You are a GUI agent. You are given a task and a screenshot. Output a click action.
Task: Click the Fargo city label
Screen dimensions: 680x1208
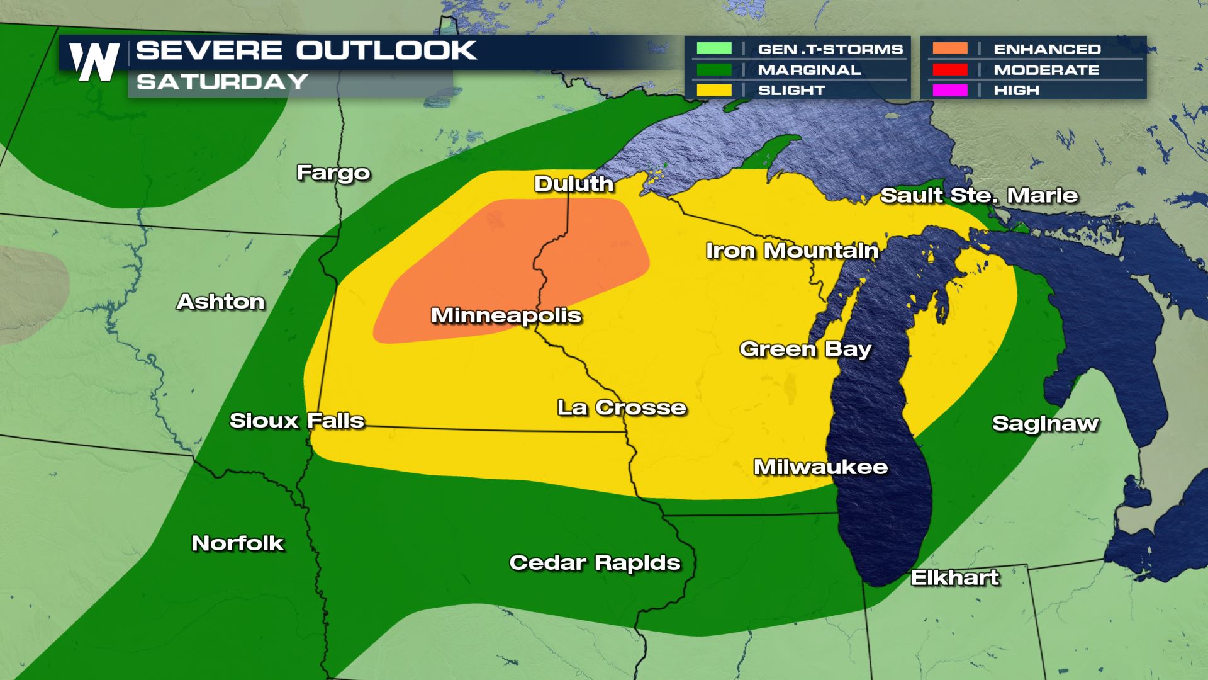pyautogui.click(x=333, y=173)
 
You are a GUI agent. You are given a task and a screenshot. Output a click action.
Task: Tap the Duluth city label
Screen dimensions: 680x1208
pyautogui.click(x=573, y=184)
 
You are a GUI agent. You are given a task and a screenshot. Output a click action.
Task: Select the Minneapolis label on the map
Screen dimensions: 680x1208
pyautogui.click(x=506, y=315)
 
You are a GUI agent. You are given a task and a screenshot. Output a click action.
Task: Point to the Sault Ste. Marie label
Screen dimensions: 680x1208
pyautogui.click(x=979, y=196)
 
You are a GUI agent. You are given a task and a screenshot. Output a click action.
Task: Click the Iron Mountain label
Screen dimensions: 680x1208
pyautogui.click(x=791, y=251)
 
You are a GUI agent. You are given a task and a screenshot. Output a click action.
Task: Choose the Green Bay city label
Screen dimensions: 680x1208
pyautogui.click(x=805, y=349)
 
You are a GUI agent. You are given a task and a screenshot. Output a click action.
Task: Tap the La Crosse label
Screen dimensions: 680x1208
pyautogui.click(x=622, y=408)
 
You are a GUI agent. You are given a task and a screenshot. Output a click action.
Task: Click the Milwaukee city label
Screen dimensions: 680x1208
pyautogui.click(x=820, y=467)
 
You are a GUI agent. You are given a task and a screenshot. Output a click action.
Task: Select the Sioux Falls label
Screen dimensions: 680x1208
pyautogui.click(x=297, y=421)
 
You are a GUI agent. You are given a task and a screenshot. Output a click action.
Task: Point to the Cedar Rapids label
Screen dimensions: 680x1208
pyautogui.click(x=595, y=563)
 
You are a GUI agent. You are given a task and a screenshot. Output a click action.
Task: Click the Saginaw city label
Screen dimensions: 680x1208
pyautogui.click(x=1045, y=424)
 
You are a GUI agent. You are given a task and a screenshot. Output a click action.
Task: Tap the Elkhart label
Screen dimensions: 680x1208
pyautogui.click(x=954, y=578)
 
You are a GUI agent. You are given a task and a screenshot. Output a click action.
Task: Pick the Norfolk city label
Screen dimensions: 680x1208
pyautogui.click(x=238, y=543)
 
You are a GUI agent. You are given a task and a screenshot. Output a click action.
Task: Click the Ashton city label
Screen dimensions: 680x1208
pyautogui.click(x=221, y=302)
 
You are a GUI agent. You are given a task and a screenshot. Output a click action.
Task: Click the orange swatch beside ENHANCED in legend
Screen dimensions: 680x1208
pyautogui.click(x=950, y=48)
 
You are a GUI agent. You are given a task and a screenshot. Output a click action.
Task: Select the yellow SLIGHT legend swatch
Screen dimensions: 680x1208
pyautogui.click(x=714, y=90)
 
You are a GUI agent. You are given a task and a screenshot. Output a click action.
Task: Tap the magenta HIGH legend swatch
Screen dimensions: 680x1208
pyautogui.click(x=950, y=90)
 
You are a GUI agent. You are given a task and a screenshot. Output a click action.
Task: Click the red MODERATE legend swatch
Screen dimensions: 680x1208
pyautogui.click(x=950, y=69)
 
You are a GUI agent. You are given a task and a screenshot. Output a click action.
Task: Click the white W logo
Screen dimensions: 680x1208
pyautogui.click(x=94, y=62)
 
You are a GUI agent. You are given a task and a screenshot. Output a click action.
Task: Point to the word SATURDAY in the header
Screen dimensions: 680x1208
pyautogui.click(x=222, y=82)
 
